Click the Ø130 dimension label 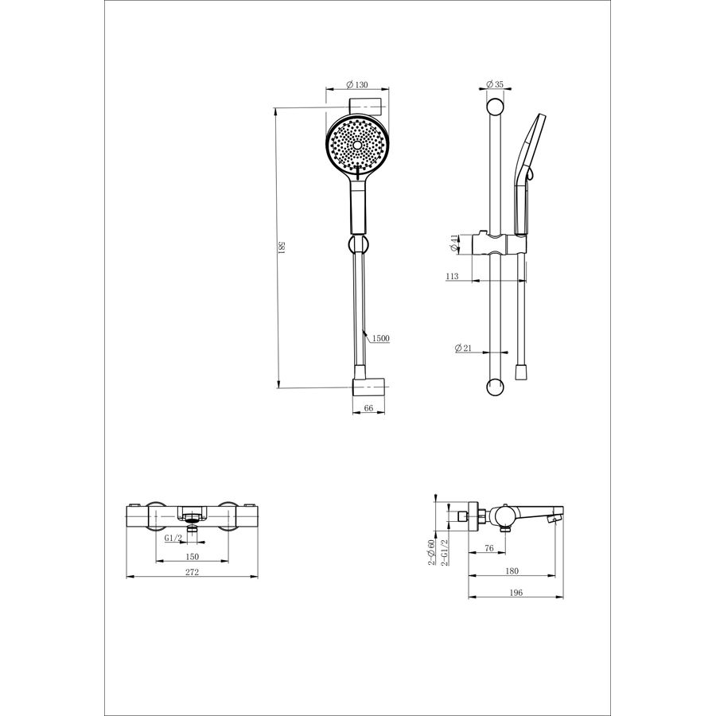[357, 84]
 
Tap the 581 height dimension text [282, 248]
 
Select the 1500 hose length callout [381, 338]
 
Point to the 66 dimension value [368, 408]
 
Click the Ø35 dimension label [495, 84]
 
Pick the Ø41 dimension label [454, 243]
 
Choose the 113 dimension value [452, 276]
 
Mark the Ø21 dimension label [463, 348]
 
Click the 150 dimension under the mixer [193, 557]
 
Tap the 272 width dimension [193, 572]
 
